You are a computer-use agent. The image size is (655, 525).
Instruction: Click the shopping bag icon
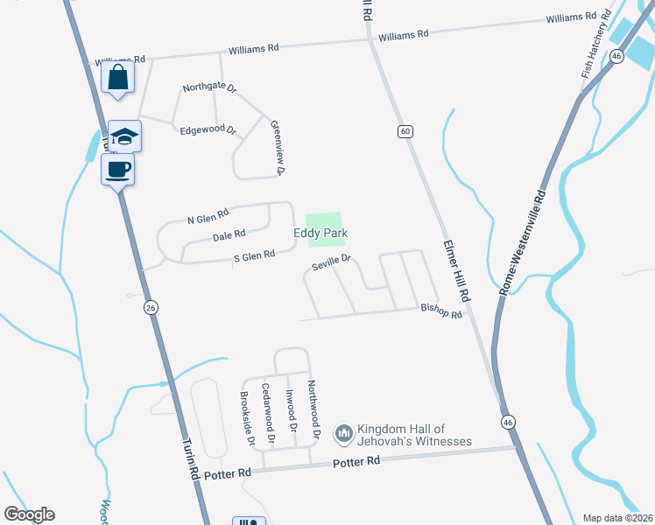pyautogui.click(x=117, y=77)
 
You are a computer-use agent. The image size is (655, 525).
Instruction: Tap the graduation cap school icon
pyautogui.click(x=125, y=136)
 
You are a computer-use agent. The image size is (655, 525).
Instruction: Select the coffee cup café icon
pyautogui.click(x=117, y=168)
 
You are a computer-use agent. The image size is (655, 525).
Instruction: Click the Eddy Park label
pyautogui.click(x=320, y=234)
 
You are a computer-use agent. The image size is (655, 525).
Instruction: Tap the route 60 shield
pyautogui.click(x=404, y=131)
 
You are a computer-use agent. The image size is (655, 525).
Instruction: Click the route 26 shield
pyautogui.click(x=151, y=308)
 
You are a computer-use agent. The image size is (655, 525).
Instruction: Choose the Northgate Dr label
pyautogui.click(x=209, y=87)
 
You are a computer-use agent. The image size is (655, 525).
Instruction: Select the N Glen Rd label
pyautogui.click(x=208, y=213)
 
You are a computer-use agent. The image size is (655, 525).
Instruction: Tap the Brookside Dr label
pyautogui.click(x=247, y=417)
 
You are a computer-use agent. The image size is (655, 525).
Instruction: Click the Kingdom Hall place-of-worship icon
pyautogui.click(x=343, y=433)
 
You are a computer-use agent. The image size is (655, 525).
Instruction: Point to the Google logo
pyautogui.click(x=29, y=514)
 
